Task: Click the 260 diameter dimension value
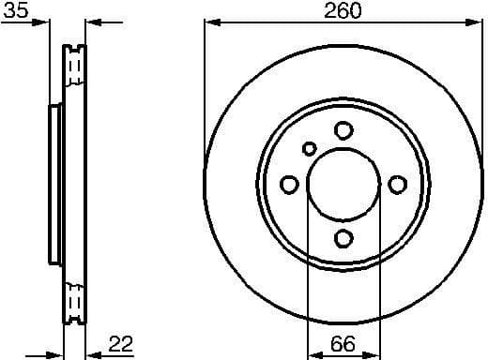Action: pos(343,10)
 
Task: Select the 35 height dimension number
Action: pos(16,10)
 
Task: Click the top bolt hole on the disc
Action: pos(343,130)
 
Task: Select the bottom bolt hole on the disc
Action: pos(343,238)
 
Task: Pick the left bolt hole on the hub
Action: pos(289,184)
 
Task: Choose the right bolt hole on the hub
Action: pos(397,184)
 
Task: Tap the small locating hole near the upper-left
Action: pos(310,148)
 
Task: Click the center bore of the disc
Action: pos(343,184)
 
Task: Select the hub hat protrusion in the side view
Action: pos(54,184)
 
